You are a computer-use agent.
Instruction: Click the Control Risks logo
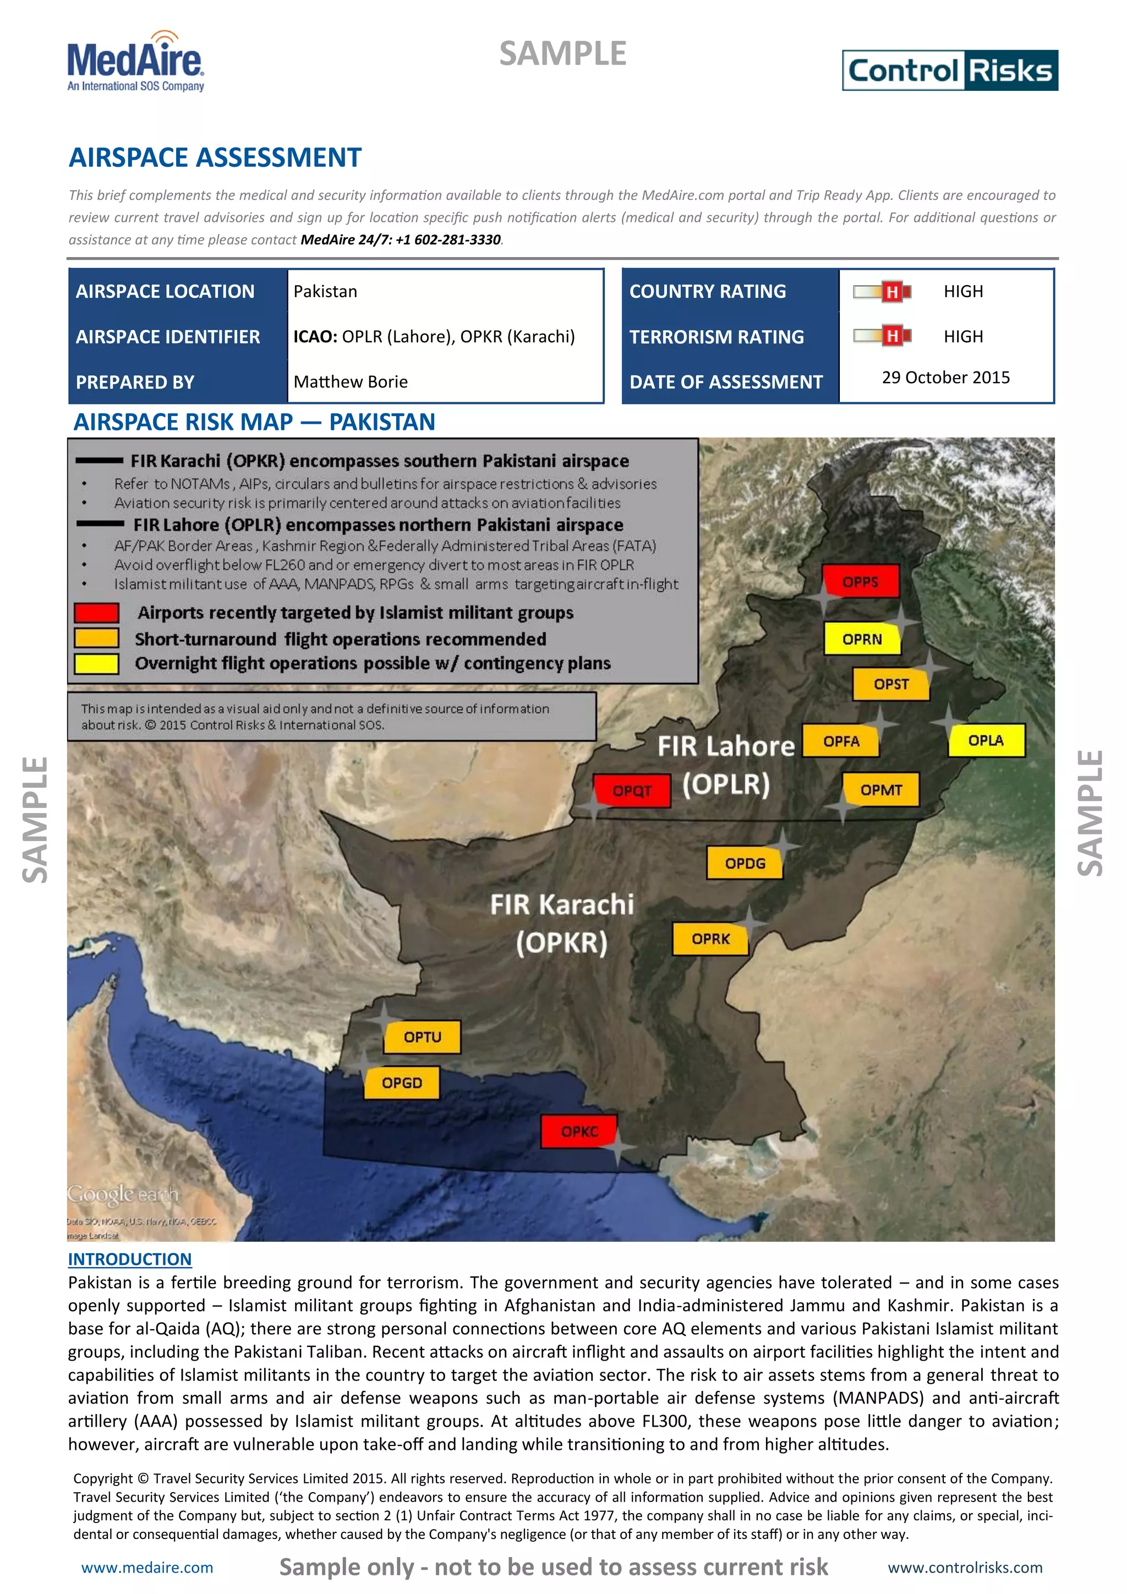tap(949, 70)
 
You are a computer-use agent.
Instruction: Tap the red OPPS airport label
tap(861, 582)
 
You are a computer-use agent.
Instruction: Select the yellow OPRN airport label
tap(862, 638)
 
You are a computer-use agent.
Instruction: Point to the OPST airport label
tap(890, 684)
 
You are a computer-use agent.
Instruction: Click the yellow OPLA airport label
tap(986, 740)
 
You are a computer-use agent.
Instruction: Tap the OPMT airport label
tap(880, 790)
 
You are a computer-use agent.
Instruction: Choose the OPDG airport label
tap(745, 863)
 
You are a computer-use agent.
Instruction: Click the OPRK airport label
tap(710, 938)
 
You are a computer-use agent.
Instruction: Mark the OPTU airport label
tap(422, 1036)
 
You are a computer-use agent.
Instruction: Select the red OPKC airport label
tap(579, 1131)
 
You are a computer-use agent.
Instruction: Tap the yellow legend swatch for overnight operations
tap(96, 664)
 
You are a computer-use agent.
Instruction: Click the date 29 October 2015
tap(945, 377)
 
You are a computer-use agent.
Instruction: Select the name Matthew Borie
tap(351, 382)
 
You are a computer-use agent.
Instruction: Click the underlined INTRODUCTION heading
tap(130, 1259)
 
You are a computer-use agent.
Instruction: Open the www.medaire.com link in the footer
tap(147, 1568)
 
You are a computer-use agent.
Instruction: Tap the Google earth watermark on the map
tap(123, 1194)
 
